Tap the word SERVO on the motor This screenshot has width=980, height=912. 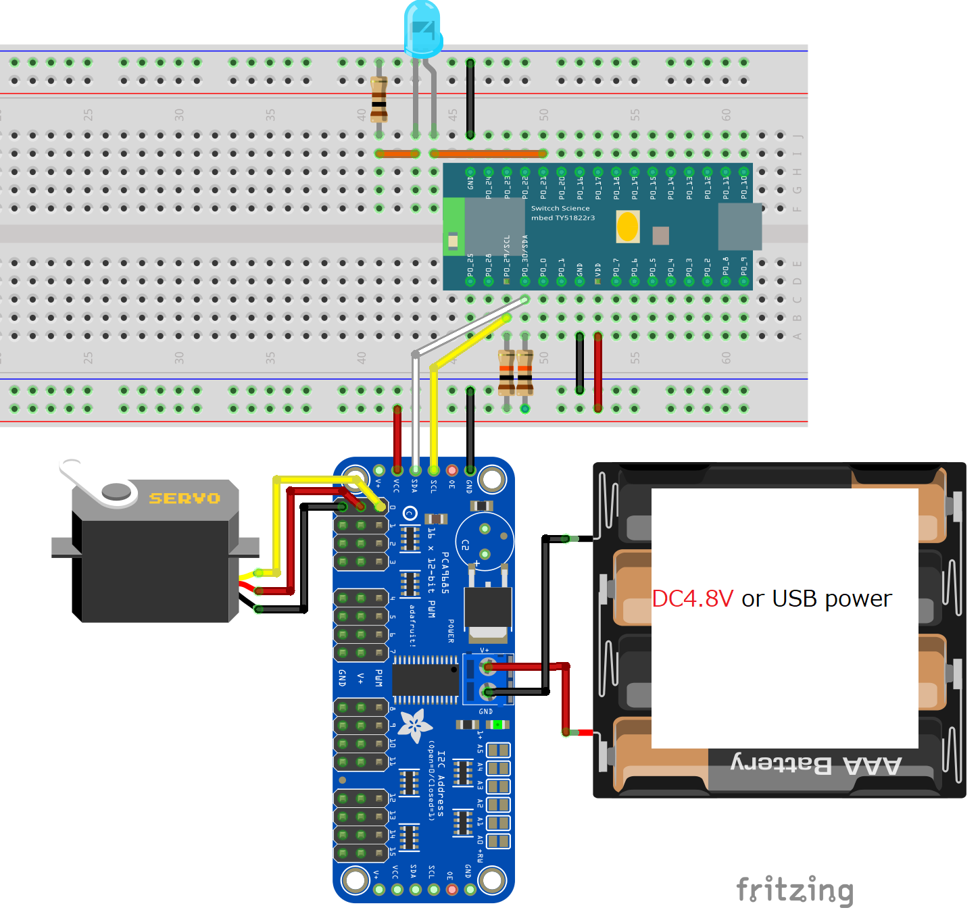[x=185, y=499]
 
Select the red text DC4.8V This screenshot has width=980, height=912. [x=692, y=599]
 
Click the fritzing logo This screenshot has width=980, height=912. [x=795, y=890]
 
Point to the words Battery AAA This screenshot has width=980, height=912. [x=816, y=765]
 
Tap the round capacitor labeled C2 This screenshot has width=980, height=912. [x=484, y=540]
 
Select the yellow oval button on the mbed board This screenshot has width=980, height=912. [x=628, y=226]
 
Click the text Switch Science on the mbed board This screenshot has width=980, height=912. [x=560, y=208]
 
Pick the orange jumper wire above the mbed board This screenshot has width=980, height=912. [x=488, y=154]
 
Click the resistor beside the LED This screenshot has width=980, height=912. [x=379, y=99]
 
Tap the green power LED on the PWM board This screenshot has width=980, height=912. [x=498, y=725]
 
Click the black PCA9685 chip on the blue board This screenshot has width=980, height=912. [x=425, y=680]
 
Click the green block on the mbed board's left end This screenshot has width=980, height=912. [x=454, y=227]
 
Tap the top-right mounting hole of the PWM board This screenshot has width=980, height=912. [x=491, y=480]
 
